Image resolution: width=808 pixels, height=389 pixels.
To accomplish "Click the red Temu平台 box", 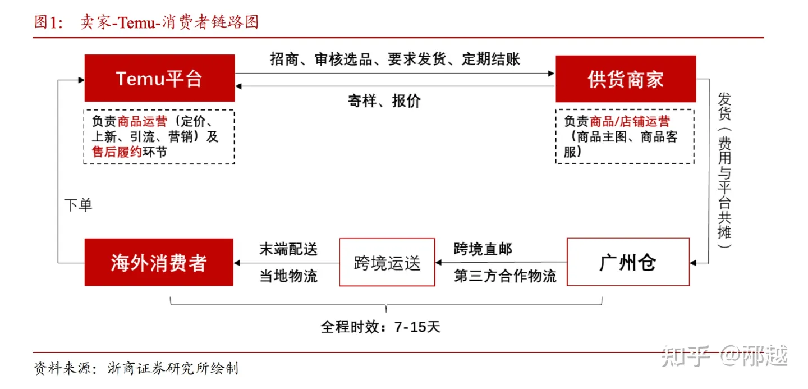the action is tap(159, 78).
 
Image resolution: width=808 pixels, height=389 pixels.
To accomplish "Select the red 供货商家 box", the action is tap(625, 79).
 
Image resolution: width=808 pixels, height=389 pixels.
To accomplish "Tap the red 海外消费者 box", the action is tap(159, 262).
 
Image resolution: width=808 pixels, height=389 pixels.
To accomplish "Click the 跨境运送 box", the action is tap(387, 262).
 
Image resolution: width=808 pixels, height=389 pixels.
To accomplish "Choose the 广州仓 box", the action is tap(628, 262).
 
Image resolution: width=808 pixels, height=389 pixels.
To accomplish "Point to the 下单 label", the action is tap(77, 205).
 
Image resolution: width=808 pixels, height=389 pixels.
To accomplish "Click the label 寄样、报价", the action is tap(384, 101).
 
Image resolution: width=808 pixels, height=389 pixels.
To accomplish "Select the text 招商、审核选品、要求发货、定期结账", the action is tap(395, 59).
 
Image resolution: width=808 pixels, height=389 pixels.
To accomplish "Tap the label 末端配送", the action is tap(288, 249).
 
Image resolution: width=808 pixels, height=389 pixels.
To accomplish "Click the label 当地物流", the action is tap(288, 276).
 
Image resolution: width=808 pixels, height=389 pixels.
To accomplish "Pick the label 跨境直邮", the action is tap(483, 249).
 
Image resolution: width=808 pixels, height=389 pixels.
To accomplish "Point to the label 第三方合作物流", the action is tap(505, 276).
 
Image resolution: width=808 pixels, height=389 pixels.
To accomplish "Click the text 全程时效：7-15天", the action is tap(380, 327).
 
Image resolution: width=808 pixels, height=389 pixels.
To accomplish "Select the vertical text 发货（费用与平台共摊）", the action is tap(724, 171).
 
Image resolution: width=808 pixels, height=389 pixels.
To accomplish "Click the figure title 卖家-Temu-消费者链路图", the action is tap(169, 22).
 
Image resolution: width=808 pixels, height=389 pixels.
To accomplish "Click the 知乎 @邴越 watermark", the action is tap(724, 356).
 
